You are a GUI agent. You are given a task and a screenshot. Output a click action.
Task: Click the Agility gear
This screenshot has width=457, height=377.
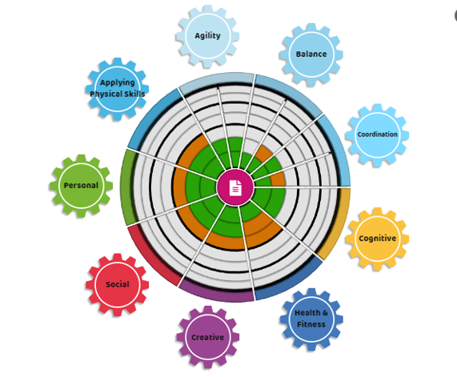point(207,36)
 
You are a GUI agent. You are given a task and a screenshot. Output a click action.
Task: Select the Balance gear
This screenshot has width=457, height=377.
point(311,54)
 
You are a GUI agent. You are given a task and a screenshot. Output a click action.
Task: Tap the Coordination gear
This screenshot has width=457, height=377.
point(377,135)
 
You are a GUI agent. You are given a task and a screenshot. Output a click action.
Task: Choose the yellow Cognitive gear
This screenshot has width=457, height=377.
point(377,239)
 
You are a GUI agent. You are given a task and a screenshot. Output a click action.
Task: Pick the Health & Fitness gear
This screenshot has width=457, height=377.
point(311,319)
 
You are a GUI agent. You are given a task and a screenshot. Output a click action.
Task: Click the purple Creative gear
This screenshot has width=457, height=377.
point(207,337)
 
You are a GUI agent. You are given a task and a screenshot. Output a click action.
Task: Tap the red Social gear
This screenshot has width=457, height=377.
point(117,285)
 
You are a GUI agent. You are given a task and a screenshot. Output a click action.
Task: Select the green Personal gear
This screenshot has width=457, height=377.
point(81,186)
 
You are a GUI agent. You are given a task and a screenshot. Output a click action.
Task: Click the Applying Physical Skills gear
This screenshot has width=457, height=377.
point(117,89)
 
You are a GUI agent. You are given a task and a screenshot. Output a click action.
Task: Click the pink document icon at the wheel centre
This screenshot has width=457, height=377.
point(235,188)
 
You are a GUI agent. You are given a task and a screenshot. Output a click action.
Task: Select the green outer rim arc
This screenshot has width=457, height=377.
point(127,186)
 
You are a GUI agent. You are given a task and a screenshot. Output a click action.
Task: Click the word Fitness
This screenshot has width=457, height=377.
point(311,324)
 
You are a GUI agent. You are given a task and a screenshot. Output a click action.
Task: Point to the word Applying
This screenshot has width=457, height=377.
point(118,82)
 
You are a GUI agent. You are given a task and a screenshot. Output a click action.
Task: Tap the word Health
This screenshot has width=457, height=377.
point(307,313)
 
